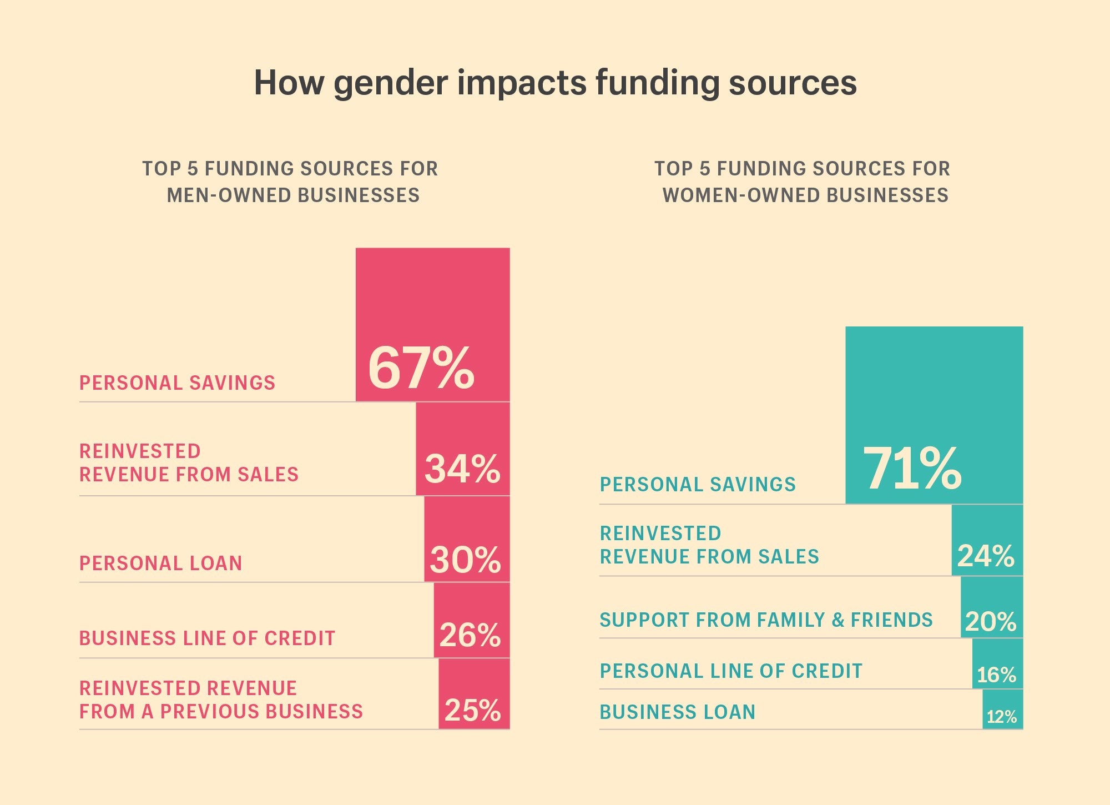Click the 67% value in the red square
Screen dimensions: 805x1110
[421, 368]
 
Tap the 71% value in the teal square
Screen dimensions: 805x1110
[912, 469]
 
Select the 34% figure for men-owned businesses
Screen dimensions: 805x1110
[462, 469]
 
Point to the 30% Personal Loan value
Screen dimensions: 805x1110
[465, 560]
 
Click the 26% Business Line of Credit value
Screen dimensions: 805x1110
[470, 635]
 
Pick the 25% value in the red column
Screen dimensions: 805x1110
[472, 710]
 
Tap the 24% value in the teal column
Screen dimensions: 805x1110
[986, 556]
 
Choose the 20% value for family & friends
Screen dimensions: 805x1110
[990, 621]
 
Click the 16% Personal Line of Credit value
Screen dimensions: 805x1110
[996, 675]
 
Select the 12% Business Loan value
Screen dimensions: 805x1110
[1001, 717]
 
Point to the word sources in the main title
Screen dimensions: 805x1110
[793, 83]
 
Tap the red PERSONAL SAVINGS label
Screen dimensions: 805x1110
[177, 383]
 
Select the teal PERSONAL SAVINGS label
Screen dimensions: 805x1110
[698, 485]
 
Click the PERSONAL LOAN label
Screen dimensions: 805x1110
[161, 563]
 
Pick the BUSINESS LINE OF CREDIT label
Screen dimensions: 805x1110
[207, 638]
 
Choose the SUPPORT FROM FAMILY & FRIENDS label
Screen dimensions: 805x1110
[766, 620]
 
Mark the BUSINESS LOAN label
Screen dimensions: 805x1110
[677, 712]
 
